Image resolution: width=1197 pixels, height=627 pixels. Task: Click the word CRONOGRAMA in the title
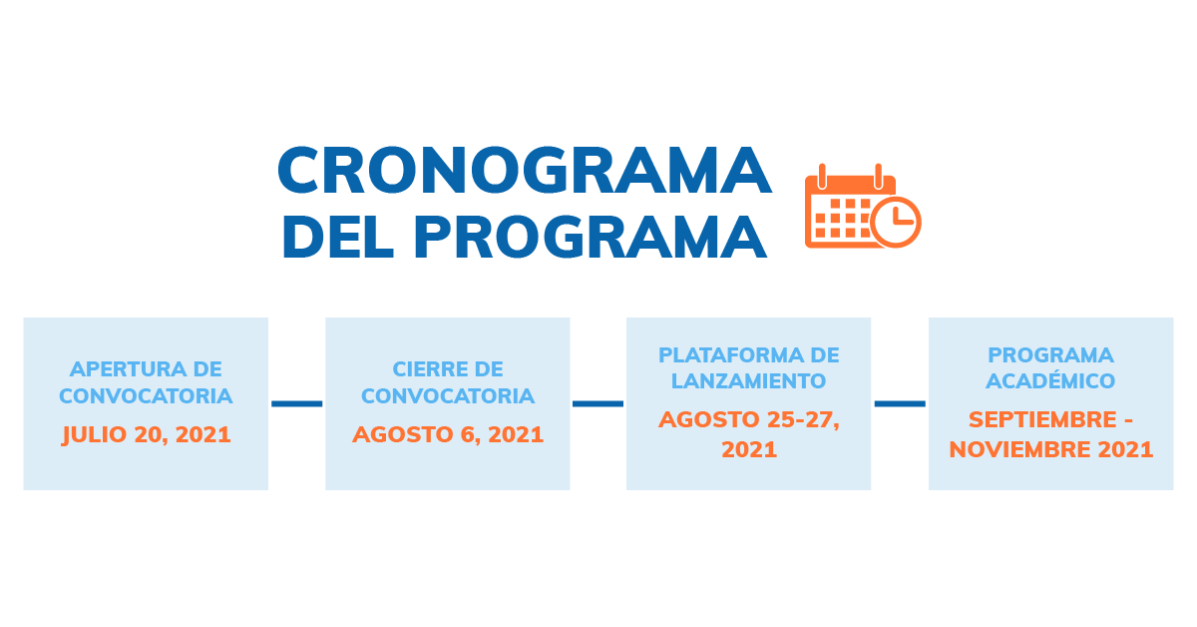point(524,172)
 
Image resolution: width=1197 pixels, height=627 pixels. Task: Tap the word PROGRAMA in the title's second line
point(591,237)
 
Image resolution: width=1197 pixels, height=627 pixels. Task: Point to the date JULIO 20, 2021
point(146,435)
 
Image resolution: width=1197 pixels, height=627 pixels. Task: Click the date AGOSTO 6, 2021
point(448,435)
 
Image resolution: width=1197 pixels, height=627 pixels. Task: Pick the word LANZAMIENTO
point(748,380)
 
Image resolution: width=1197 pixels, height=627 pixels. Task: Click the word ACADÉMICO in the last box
point(1050,380)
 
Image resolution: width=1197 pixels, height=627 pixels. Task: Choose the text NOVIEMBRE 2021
point(1050,449)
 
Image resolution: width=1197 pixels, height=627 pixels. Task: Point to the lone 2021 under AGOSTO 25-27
point(748,449)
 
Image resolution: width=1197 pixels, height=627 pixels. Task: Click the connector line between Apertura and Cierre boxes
point(296,403)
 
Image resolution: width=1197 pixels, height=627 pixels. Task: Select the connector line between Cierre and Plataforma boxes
point(598,403)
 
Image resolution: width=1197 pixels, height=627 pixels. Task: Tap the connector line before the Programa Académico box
point(900,403)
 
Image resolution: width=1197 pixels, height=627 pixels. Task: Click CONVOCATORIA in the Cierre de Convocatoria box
point(448,396)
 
